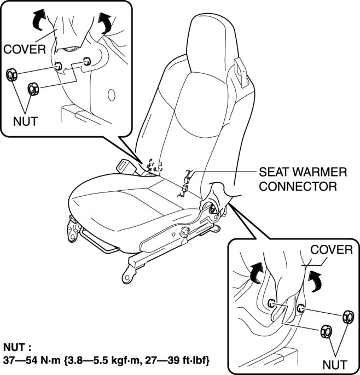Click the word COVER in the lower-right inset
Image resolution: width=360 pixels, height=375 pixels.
331,250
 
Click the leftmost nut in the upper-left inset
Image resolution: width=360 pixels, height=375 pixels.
10,75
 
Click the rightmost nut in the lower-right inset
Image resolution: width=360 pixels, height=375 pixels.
346,317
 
